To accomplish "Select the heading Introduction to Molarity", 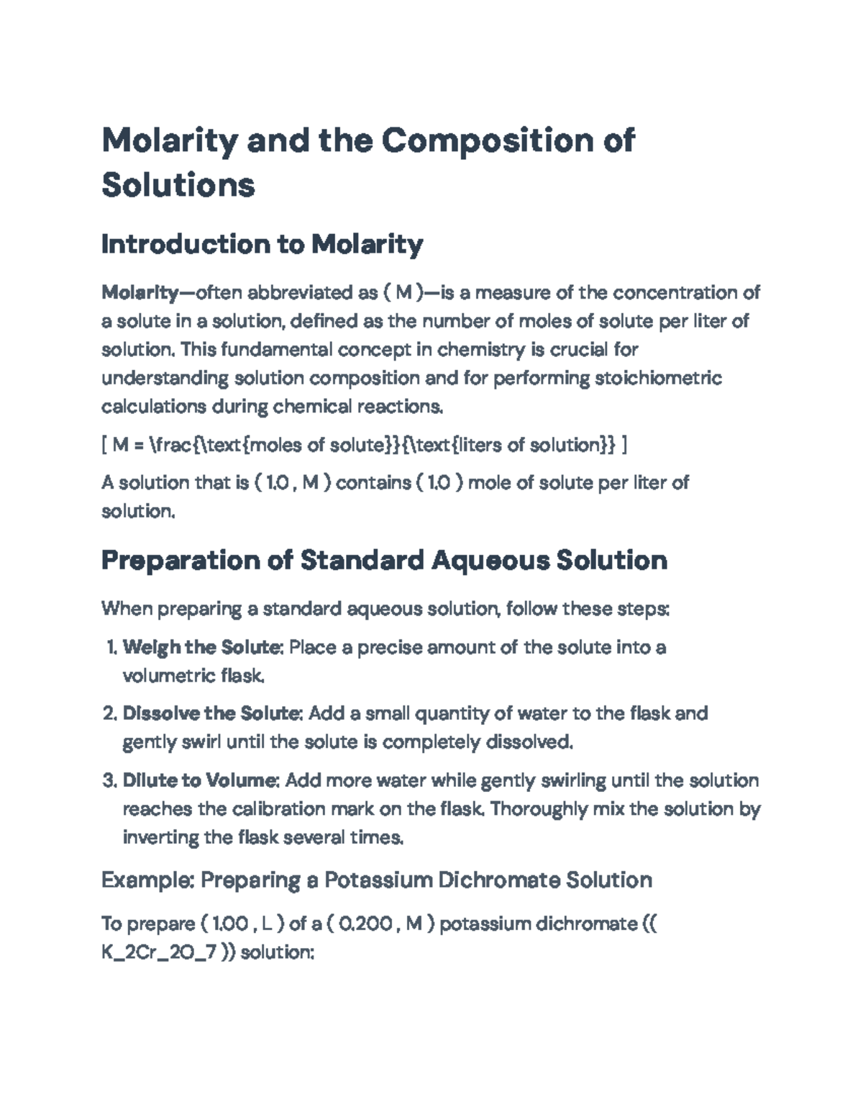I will [262, 245].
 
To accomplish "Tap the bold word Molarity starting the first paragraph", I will [140, 292].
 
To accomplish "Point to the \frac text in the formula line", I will [173, 445].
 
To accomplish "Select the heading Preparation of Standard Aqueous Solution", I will [384, 560].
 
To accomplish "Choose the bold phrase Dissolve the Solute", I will [211, 713].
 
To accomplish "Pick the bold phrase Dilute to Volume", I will [201, 780].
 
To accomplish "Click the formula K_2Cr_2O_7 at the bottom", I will [159, 952].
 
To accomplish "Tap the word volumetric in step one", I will [170, 676].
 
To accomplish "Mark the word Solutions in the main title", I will [178, 185].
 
